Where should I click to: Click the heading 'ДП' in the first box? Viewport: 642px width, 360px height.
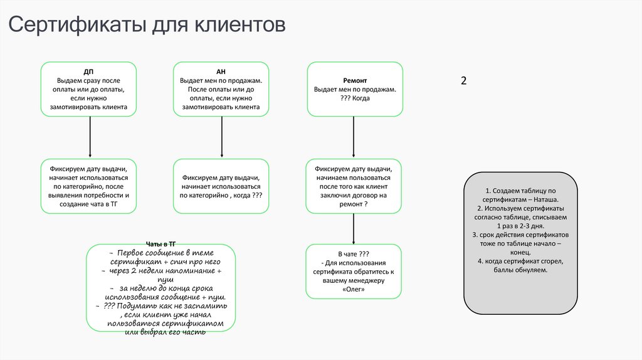tap(88, 71)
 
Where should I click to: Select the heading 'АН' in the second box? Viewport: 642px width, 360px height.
tap(221, 71)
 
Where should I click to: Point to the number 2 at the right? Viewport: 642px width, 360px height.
tap(464, 81)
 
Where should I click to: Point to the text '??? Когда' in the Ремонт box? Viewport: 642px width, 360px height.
tap(355, 98)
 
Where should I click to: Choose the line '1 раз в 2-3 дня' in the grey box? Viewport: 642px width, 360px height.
tap(520, 225)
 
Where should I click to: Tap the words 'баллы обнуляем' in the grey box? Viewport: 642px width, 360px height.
tap(521, 270)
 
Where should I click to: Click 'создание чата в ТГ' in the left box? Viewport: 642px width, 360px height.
tap(89, 204)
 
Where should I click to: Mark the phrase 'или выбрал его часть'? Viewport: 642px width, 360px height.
tap(165, 331)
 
